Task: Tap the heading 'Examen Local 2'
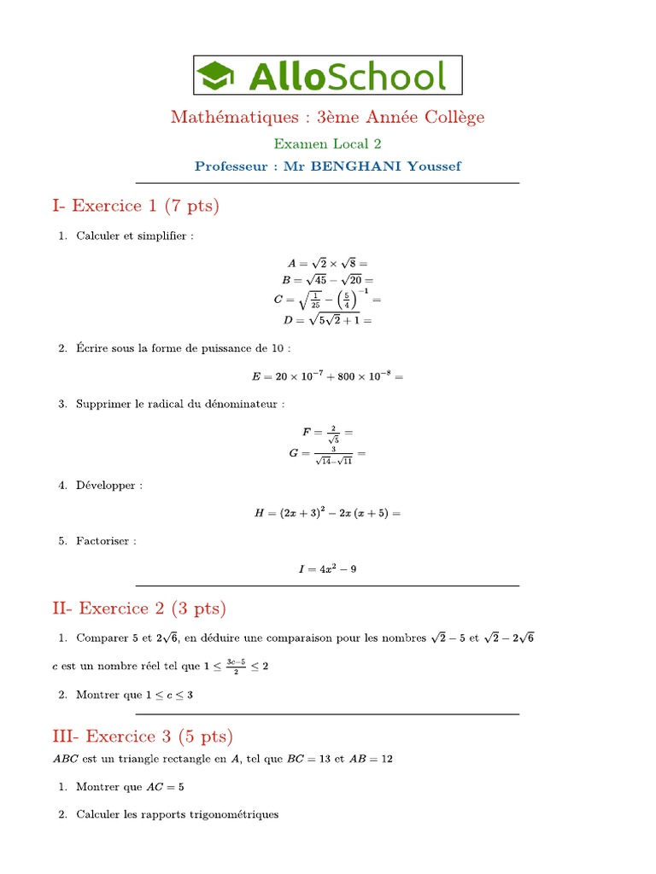327,144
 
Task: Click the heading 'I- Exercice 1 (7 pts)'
135,206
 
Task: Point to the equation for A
327,264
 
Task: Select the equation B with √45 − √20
327,279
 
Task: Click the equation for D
327,320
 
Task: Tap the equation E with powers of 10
327,376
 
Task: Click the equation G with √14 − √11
327,453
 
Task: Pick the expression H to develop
327,513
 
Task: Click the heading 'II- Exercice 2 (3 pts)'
139,609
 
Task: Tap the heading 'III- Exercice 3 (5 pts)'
143,737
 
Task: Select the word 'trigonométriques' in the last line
237,814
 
